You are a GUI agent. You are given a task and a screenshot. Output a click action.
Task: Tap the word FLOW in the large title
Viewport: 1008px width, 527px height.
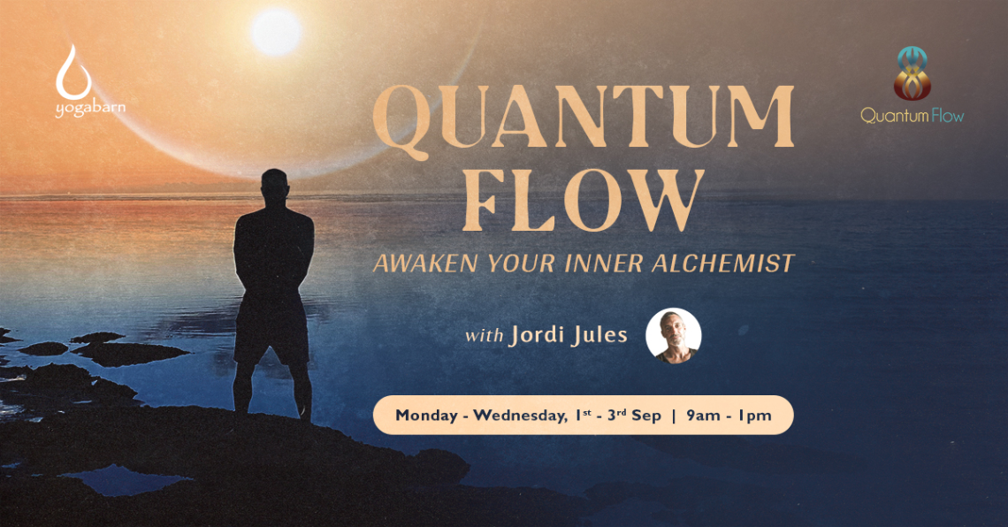click(583, 201)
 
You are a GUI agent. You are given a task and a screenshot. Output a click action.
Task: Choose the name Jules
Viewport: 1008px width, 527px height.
click(599, 335)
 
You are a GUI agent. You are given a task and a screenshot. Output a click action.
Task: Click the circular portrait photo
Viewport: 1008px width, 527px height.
click(673, 335)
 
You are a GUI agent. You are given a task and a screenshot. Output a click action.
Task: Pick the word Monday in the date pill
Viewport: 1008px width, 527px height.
click(426, 416)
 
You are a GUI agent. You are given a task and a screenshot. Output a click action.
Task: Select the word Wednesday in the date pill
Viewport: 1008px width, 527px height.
click(520, 416)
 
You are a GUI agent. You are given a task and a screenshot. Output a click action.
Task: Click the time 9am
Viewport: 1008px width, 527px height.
click(703, 416)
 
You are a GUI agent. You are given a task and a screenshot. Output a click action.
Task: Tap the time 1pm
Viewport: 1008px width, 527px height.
click(755, 416)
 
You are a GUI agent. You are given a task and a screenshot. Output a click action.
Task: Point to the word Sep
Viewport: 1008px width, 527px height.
click(646, 416)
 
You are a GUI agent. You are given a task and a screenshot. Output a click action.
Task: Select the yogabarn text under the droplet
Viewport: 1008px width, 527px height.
click(90, 107)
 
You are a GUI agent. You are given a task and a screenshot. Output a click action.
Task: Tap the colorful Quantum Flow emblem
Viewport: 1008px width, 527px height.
click(913, 73)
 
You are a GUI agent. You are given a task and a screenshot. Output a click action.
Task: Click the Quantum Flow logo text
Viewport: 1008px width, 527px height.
click(913, 116)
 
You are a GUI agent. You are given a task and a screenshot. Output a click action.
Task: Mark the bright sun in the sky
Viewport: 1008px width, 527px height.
click(277, 32)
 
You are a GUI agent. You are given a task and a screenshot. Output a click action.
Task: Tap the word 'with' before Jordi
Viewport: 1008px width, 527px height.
click(484, 336)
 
